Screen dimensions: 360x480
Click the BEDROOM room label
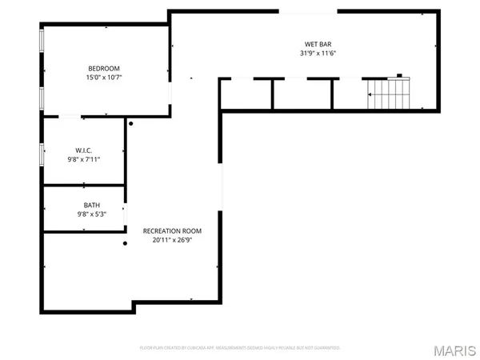point(104,68)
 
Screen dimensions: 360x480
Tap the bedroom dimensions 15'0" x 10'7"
point(104,78)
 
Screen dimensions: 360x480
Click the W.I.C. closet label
point(83,150)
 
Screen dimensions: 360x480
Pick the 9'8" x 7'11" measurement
point(83,159)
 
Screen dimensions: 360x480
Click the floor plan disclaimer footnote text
point(240,348)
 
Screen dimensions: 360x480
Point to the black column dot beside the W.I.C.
point(131,124)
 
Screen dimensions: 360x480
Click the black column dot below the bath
point(125,244)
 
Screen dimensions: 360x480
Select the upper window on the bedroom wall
point(42,46)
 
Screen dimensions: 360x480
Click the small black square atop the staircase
point(397,78)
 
